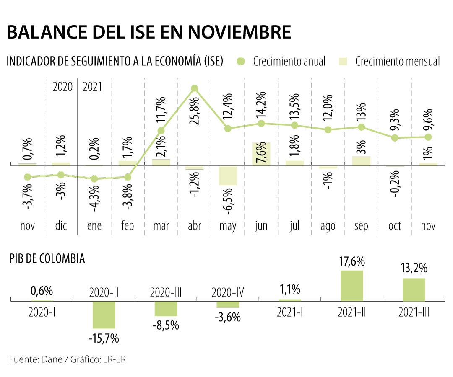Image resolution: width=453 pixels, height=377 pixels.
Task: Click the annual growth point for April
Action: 194,88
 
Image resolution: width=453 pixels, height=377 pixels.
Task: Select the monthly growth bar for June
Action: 261,154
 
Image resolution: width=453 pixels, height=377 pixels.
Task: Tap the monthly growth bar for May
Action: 228,176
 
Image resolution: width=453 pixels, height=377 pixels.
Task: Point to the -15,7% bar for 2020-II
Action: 104,315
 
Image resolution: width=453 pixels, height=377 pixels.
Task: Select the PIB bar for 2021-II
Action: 352,286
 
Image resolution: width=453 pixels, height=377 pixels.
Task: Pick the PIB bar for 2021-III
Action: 414,289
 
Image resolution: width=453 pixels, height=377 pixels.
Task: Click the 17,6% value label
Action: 352,262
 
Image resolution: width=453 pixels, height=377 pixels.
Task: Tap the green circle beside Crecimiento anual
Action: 240,62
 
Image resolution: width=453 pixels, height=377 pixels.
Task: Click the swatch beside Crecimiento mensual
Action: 343,62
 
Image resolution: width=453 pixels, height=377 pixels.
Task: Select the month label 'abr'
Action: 194,226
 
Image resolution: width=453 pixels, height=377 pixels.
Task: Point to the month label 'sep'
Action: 361,226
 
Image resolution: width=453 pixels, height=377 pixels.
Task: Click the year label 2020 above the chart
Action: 62,87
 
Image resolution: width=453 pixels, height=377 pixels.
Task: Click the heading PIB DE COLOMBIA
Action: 47,259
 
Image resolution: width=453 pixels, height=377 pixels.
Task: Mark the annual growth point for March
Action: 161,131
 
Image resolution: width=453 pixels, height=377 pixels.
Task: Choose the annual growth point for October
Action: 394,138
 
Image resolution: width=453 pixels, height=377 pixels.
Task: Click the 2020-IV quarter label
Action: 228,292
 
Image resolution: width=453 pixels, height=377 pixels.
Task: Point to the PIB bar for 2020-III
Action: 166,309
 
